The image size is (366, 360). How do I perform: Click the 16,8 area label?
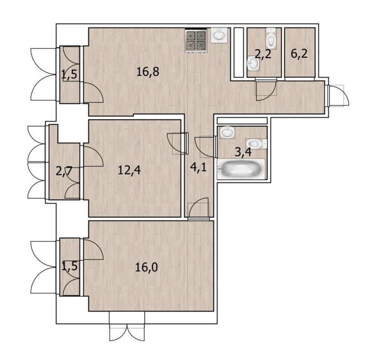pos(148,71)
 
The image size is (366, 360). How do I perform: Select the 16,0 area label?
pos(146,267)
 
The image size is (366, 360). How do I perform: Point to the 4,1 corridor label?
pos(198,167)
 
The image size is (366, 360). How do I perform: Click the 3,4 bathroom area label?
pos(243,152)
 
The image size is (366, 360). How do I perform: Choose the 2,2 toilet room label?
pos(263,54)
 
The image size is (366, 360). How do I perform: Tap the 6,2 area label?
pos(299,54)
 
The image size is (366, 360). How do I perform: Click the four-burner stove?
pos(196,40)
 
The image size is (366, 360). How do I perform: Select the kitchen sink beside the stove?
pos(219,35)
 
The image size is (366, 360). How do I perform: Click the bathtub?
pos(241,169)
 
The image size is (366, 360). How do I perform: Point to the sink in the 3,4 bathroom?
pos(226,132)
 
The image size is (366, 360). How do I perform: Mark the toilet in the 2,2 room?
pos(271,38)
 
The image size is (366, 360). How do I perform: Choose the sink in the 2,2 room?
pos(253,63)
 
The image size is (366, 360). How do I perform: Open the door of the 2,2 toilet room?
pos(266,90)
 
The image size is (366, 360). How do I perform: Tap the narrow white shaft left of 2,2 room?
pos(239,52)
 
